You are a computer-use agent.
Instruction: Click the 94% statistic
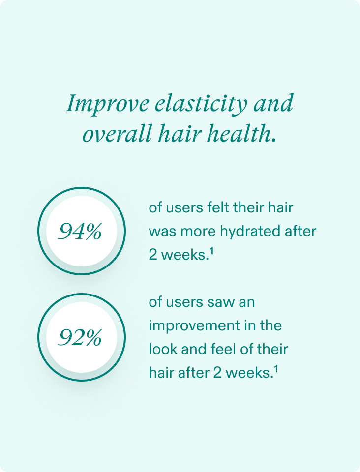[x=80, y=232]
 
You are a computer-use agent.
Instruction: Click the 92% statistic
[x=80, y=337]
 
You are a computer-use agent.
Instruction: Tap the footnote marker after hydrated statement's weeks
[x=211, y=251]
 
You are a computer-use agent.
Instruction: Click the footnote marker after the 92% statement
[x=275, y=369]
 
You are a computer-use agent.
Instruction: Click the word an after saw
[x=247, y=302]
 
